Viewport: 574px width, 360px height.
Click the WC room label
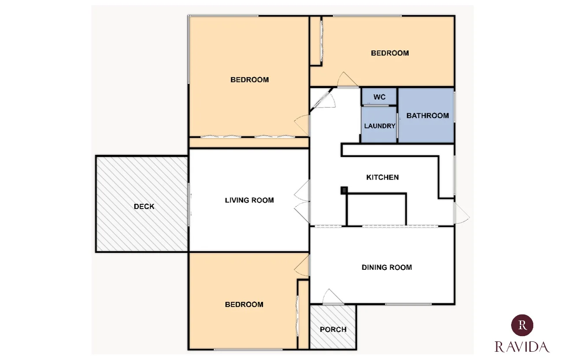(379, 97)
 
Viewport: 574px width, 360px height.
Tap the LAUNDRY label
(379, 126)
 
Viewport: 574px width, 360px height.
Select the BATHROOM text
(427, 116)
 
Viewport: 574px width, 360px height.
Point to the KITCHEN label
(382, 177)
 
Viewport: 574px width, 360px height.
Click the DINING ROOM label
(387, 267)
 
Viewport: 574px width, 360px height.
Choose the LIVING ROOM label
(249, 200)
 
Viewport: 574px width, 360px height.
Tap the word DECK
(144, 206)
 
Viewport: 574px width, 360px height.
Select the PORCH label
(333, 329)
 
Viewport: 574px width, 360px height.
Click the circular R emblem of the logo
(522, 325)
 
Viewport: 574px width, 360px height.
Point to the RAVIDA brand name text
(522, 347)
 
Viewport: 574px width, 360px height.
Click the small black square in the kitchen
(344, 190)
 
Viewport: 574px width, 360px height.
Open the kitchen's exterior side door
(461, 213)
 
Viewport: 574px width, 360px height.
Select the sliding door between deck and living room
(189, 204)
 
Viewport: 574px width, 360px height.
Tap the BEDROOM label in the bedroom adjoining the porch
(244, 304)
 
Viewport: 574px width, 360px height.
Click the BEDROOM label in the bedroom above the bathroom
(390, 53)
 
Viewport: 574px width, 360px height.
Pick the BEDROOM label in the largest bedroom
(249, 80)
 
